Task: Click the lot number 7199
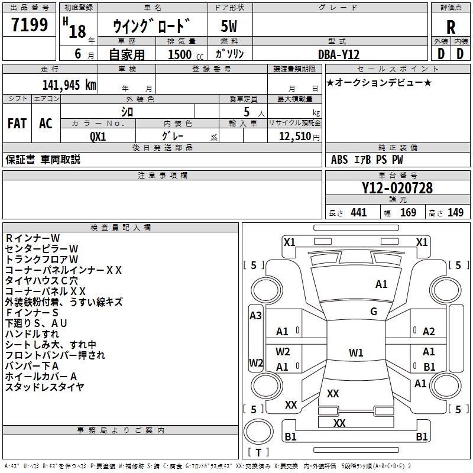[x=30, y=24]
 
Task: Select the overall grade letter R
[x=451, y=27]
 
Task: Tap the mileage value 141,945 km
[x=69, y=85]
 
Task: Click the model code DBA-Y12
[x=339, y=54]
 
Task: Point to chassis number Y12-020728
[x=397, y=188]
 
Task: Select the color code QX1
[x=98, y=137]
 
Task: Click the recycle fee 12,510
[x=295, y=137]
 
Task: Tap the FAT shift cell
[x=17, y=124]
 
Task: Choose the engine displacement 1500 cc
[x=186, y=54]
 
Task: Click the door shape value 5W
[x=229, y=26]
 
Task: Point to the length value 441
[x=359, y=212]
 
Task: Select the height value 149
[x=455, y=212]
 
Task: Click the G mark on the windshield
[x=374, y=312]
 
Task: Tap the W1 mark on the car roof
[x=356, y=352]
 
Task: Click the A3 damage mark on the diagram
[x=255, y=316]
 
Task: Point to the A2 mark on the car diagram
[x=429, y=332]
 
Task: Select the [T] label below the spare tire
[x=258, y=452]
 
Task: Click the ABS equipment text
[x=339, y=160]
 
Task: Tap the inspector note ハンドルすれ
[x=32, y=334]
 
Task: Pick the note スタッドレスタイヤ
[x=45, y=387]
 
